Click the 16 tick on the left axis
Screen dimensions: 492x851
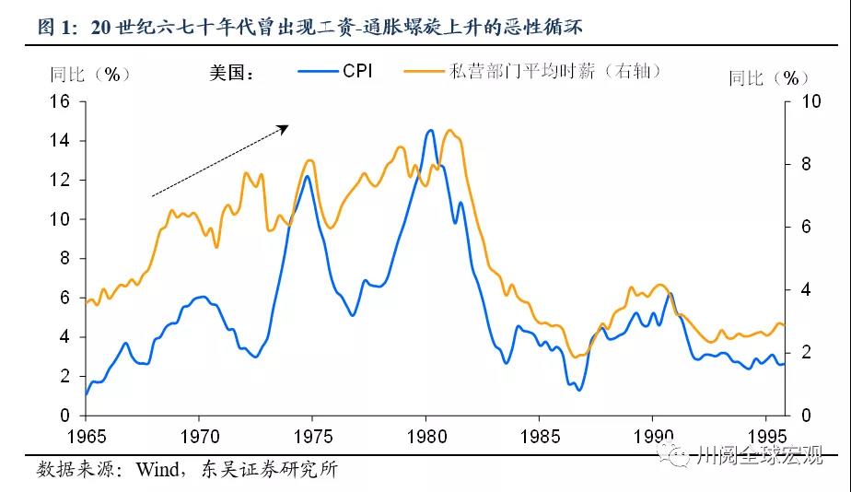[x=59, y=101]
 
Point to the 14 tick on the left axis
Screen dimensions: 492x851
[x=59, y=141]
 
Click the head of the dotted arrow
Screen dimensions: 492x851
[x=287, y=127]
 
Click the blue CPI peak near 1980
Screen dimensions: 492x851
[x=430, y=131]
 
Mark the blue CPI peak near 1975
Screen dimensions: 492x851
[x=307, y=175]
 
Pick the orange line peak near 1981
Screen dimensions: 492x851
[x=449, y=130]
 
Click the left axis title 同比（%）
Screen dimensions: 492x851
[x=90, y=74]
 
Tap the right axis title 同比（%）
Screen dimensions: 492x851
[x=768, y=78]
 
